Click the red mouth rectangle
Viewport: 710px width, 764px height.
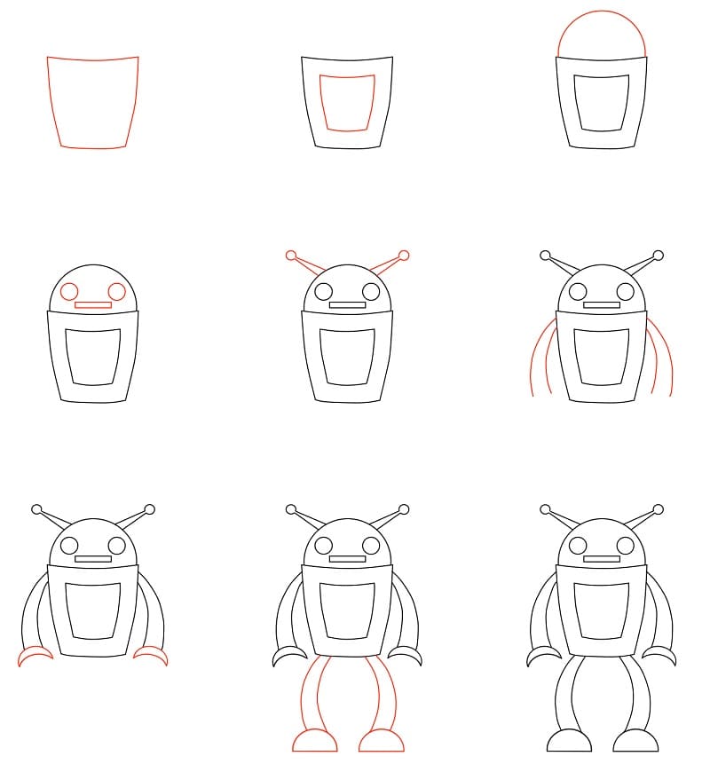93,305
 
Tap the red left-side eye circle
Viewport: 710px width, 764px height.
70,291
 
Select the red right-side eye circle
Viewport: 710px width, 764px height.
116,291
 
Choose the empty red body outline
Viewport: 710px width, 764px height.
93,102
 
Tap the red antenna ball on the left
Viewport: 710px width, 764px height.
291,256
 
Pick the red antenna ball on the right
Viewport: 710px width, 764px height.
404,256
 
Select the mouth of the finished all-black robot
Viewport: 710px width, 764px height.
602,559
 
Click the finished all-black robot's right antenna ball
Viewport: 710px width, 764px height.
659,509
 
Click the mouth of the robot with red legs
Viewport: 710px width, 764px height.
347,559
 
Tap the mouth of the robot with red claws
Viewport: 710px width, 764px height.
93,559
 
